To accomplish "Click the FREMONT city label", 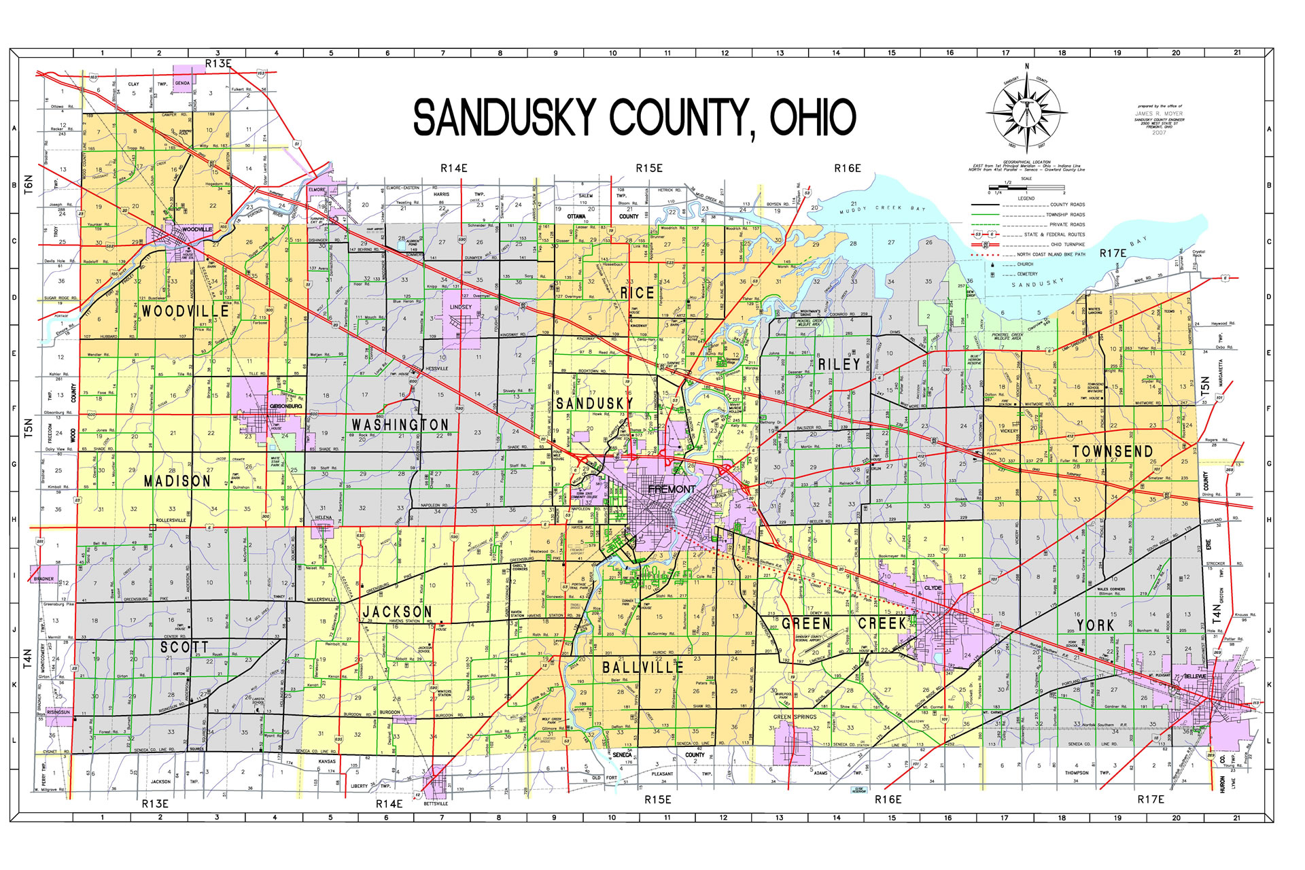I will tap(672, 489).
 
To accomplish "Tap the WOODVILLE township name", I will tap(185, 312).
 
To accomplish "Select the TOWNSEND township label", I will tap(1113, 452).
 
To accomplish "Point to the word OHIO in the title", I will tap(812, 118).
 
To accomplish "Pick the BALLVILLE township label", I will tap(642, 667).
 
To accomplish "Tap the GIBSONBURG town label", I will tap(285, 406).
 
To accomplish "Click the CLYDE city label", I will tap(933, 588).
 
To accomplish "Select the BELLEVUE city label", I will tap(1195, 677).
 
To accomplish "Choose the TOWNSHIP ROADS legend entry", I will tap(1065, 215).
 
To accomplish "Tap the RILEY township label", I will tap(839, 364).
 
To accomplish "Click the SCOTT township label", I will tap(184, 647).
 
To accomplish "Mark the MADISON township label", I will tap(177, 481).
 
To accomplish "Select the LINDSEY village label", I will tap(460, 307).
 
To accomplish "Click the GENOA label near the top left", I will tap(182, 84).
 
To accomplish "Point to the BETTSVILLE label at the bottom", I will tap(436, 803).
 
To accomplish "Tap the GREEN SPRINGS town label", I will tap(795, 717).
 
